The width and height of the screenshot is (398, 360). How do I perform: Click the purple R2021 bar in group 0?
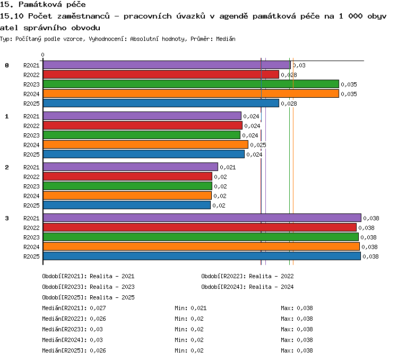coord(167,65)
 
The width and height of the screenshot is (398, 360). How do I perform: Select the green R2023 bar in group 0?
coord(191,84)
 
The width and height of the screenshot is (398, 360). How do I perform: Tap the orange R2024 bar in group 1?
coord(145,144)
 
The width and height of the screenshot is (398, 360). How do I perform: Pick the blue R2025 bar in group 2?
coord(127,205)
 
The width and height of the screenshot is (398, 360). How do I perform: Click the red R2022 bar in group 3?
coord(200,227)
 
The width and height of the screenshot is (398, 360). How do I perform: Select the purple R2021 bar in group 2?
coord(131,167)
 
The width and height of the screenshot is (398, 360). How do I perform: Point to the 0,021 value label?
coord(228,167)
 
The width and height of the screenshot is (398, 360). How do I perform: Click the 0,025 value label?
coord(258,145)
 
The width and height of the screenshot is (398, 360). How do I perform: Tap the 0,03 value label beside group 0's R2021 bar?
coord(299,65)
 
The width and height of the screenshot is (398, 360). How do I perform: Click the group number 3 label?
coord(7,218)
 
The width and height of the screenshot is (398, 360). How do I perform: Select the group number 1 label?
coord(7,116)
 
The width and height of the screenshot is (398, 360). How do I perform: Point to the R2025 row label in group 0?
coord(31,104)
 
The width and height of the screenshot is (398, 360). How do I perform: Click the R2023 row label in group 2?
coord(31,186)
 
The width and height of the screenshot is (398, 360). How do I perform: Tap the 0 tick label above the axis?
coord(42,55)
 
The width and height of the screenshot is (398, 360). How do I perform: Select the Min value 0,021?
coord(198,308)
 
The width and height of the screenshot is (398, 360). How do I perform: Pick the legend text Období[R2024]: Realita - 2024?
coord(247,287)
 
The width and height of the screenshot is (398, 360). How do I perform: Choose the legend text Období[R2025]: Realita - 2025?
coord(88,297)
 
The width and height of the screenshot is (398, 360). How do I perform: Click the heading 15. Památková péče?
coord(43,4)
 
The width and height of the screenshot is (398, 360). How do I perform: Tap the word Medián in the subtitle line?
coord(226,39)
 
